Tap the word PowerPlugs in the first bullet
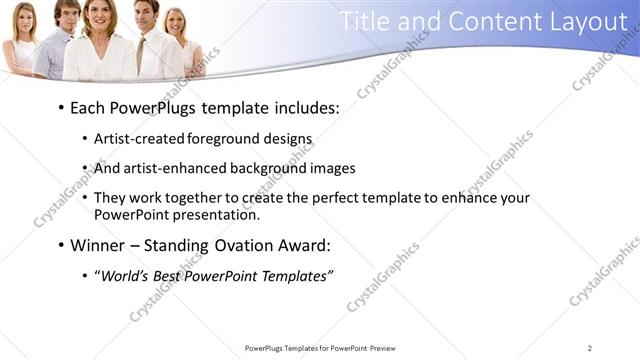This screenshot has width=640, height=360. pos(153,106)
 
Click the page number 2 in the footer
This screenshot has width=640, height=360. pos(590,348)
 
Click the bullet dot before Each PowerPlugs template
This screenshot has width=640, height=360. pos(61,107)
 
